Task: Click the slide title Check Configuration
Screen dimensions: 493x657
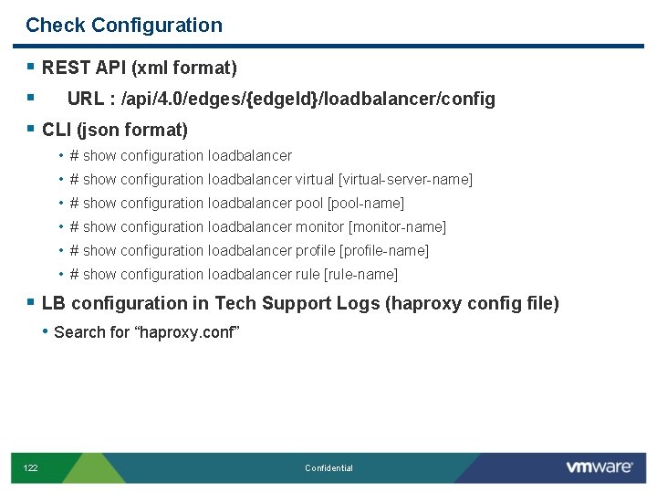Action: pos(124,26)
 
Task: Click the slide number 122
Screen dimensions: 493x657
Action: pos(31,468)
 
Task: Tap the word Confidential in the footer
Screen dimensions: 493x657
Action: pos(328,468)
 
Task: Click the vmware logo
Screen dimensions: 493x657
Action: pos(599,467)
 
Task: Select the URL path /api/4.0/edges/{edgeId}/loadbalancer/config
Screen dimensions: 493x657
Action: pos(302,99)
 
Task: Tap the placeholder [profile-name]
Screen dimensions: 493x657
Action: pos(384,251)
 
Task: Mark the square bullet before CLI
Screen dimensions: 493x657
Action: pos(31,130)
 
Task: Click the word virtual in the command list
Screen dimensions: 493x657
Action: pos(316,180)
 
